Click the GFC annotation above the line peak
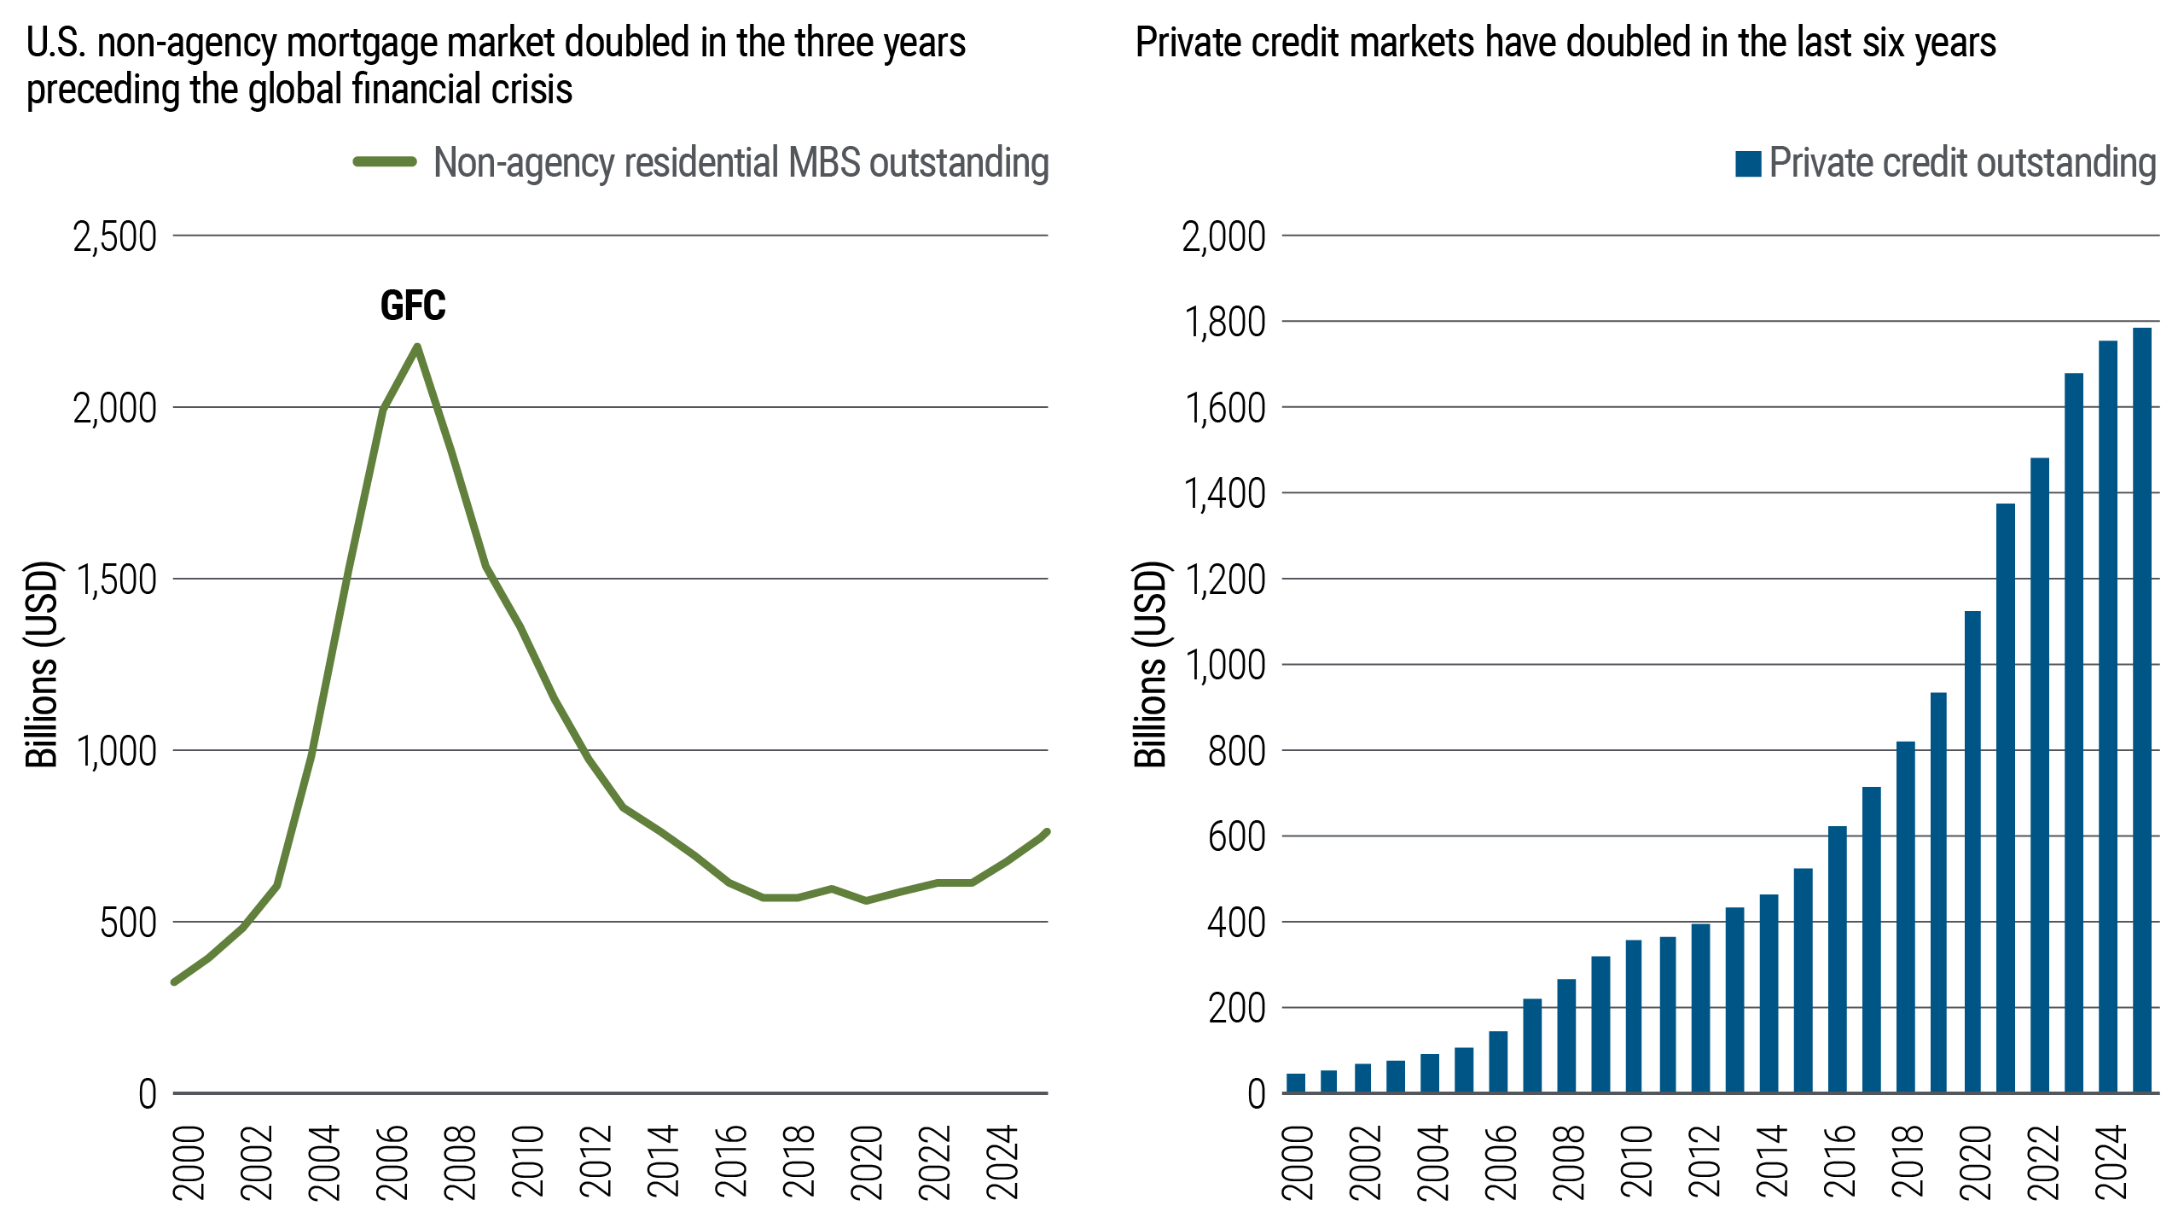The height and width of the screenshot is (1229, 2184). pos(412,306)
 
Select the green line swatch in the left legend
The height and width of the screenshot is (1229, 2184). pos(386,162)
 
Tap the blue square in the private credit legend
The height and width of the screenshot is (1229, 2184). pos(1748,164)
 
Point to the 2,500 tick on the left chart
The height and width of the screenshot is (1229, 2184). pos(115,237)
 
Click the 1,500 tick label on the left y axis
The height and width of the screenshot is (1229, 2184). pos(115,580)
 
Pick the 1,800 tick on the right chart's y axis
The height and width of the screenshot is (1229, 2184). pos(1223,323)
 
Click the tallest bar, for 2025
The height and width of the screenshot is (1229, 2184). pos(2141,708)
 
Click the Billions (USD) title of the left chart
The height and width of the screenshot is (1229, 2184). pos(41,664)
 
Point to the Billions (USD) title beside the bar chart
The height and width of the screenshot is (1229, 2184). pos(1150,664)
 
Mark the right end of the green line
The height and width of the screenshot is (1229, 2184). pos(1046,832)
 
